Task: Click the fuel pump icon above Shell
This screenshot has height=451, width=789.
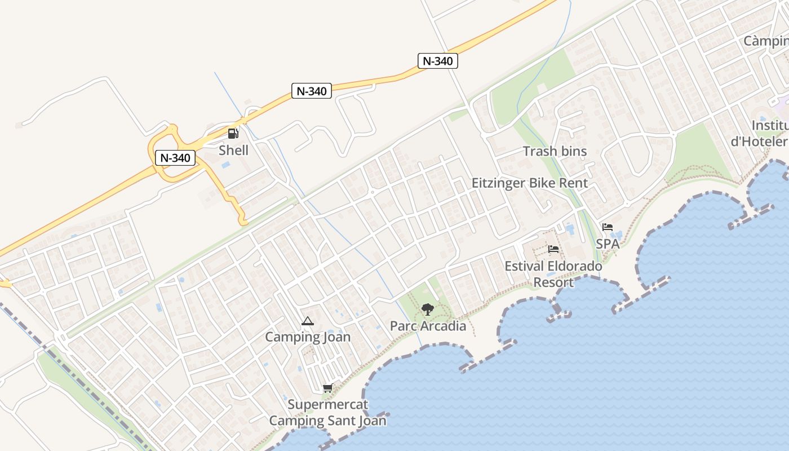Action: pos(233,134)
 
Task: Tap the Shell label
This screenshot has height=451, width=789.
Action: pos(233,150)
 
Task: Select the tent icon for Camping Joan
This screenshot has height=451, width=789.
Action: pos(307,321)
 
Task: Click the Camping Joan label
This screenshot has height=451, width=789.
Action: pos(308,337)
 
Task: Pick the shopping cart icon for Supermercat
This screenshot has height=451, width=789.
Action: pos(327,388)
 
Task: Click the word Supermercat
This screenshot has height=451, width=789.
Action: pos(327,404)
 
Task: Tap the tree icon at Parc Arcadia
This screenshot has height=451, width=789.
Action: pos(428,309)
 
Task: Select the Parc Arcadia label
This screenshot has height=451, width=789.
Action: pos(428,326)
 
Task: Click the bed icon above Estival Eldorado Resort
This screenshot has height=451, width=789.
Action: pos(553,249)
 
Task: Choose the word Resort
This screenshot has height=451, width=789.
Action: pos(553,282)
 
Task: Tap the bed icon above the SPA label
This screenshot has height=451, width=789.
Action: pos(608,227)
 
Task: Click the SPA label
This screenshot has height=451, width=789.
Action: pos(608,244)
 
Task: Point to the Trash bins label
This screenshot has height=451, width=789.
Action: pos(555,151)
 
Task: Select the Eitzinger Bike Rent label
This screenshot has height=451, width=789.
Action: pos(530,183)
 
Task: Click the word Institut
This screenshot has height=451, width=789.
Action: pos(771,125)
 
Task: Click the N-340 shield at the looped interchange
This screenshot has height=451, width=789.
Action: pos(175,158)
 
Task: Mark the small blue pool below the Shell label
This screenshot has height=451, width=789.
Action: pos(226,166)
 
